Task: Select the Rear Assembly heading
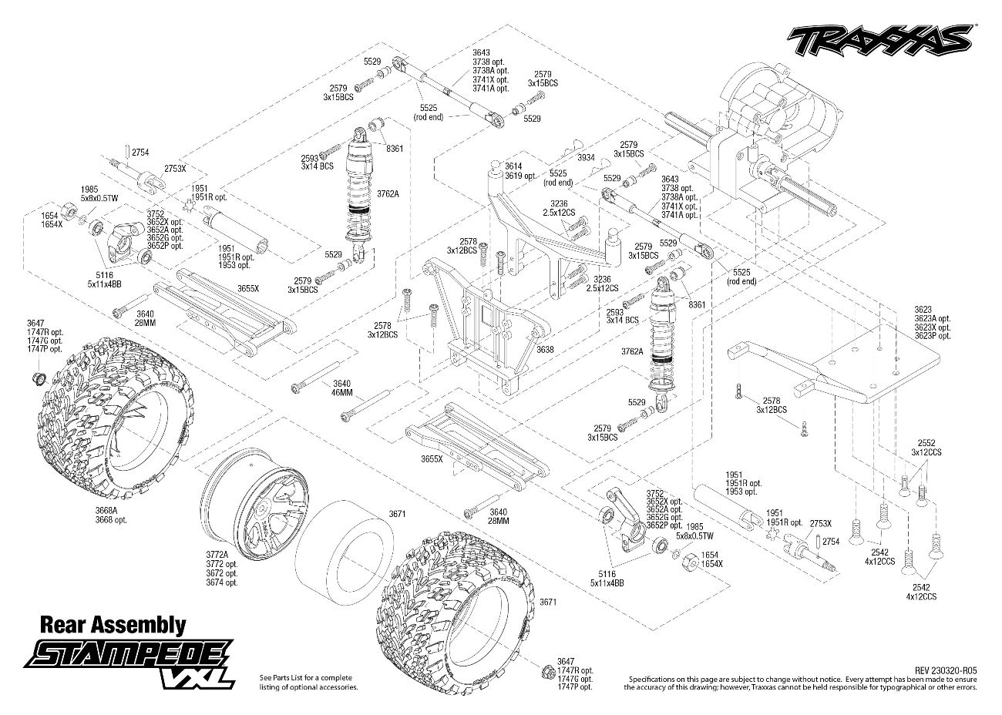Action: [113, 623]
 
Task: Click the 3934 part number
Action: [586, 158]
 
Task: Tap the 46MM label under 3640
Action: [341, 392]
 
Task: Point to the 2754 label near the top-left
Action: [140, 153]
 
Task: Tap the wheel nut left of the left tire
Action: [37, 378]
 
